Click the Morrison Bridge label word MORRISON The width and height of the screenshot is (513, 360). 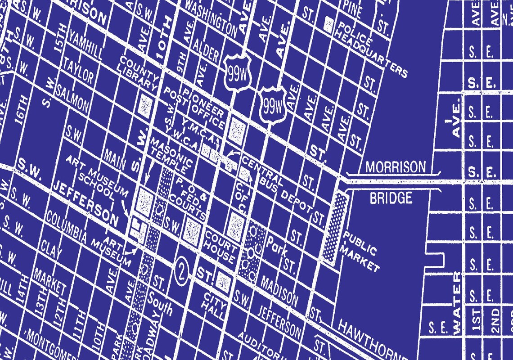(395, 167)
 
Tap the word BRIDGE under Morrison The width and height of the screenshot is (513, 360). (391, 198)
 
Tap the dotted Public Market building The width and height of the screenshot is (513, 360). (335, 227)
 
